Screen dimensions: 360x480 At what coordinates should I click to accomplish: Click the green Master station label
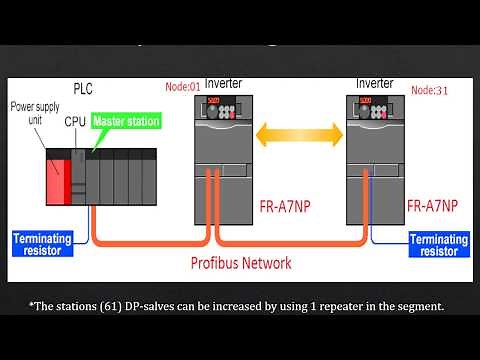click(x=126, y=121)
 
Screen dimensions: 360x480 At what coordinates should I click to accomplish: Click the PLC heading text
click(x=83, y=88)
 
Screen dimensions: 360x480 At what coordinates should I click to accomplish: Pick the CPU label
click(x=75, y=121)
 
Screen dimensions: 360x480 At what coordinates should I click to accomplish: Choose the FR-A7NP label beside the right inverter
click(x=432, y=206)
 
